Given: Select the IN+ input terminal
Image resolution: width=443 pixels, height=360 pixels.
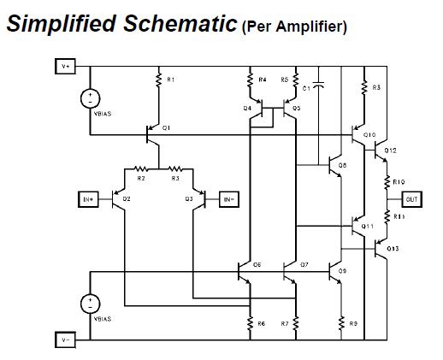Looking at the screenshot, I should pyautogui.click(x=88, y=199).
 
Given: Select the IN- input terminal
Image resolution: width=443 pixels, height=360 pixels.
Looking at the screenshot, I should pyautogui.click(x=228, y=199).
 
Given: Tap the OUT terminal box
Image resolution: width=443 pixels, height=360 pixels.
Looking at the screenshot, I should pyautogui.click(x=412, y=199).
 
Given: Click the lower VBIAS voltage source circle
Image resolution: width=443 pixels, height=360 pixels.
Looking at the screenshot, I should pyautogui.click(x=89, y=303).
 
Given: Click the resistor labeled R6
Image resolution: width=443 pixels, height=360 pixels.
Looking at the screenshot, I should pyautogui.click(x=250, y=322).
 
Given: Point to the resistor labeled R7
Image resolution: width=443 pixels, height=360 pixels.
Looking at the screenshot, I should pyautogui.click(x=295, y=322).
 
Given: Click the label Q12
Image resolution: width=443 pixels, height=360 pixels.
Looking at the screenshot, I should pyautogui.click(x=391, y=150).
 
